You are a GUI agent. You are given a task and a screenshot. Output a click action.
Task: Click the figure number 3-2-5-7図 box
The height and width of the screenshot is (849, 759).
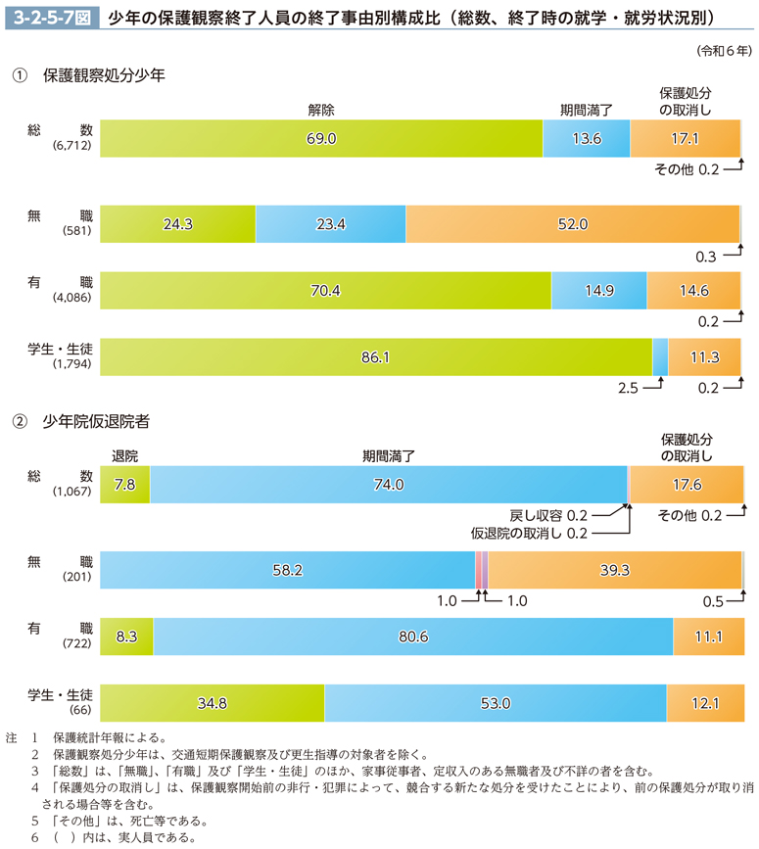click(x=49, y=17)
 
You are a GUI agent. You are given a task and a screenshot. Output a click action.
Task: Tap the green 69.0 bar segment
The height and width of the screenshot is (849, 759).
click(x=321, y=139)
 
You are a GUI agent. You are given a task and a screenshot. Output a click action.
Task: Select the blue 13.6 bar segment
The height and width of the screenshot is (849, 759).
click(x=586, y=139)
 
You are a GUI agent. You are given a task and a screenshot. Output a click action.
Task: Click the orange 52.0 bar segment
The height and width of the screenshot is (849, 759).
click(x=572, y=224)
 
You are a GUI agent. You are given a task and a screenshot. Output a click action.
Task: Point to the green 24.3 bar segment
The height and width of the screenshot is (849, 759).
click(x=177, y=224)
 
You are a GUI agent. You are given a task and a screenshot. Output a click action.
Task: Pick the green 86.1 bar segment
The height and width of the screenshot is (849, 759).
click(x=375, y=357)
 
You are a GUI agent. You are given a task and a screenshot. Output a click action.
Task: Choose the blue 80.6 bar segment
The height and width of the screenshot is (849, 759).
click(x=412, y=637)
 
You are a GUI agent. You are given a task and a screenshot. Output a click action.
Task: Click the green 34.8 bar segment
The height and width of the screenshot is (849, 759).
click(x=212, y=702)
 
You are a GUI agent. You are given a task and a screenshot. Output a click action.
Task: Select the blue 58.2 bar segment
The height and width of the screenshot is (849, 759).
click(x=287, y=570)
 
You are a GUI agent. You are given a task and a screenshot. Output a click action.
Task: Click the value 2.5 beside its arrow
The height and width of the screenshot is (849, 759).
click(x=629, y=389)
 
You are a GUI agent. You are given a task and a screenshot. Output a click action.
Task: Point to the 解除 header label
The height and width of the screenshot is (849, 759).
click(x=320, y=110)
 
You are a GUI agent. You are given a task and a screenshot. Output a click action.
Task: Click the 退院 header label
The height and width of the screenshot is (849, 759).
click(x=125, y=455)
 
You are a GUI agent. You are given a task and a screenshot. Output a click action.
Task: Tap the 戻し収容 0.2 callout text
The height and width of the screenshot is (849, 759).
click(x=548, y=515)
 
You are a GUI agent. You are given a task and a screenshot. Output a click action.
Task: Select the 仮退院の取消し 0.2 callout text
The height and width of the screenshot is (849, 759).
click(x=528, y=534)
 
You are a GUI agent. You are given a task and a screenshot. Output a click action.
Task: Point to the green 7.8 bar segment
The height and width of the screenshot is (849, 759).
click(x=124, y=484)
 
